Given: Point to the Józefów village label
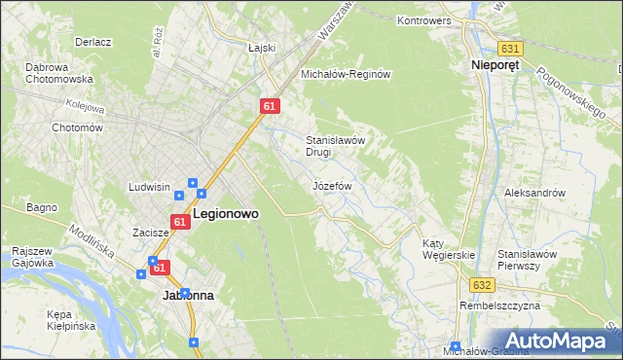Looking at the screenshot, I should click(x=331, y=185).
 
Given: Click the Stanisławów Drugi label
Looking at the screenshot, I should click(x=335, y=146).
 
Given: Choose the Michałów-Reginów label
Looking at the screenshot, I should click(x=346, y=74).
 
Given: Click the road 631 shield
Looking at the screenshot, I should click(x=509, y=48).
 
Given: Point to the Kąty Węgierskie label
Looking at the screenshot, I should click(x=448, y=249).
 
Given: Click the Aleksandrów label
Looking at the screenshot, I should click(x=534, y=193).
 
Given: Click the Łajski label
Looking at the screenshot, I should click(x=262, y=47).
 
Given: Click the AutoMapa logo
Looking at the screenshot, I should click(x=559, y=341).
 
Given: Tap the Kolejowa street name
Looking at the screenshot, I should click(x=85, y=102).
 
